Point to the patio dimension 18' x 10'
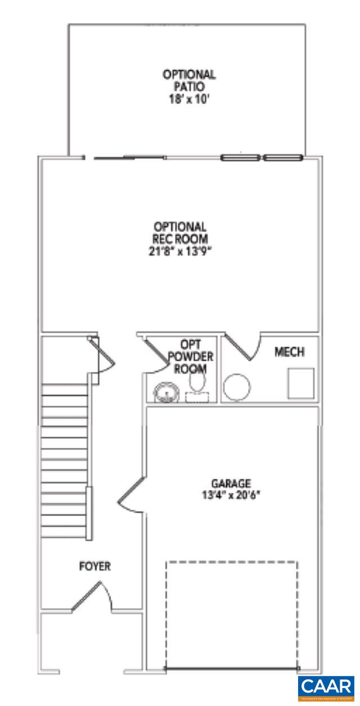coord(189,101)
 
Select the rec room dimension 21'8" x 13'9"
coord(181,251)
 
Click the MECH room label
coord(289,352)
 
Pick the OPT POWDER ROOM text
coord(190,356)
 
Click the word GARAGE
coord(231,483)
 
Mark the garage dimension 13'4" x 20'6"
coord(231,495)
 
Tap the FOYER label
coord(94,566)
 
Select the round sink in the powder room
coord(165,392)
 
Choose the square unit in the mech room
coord(301,384)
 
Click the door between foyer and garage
coord(131,493)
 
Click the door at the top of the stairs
coord(102,354)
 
